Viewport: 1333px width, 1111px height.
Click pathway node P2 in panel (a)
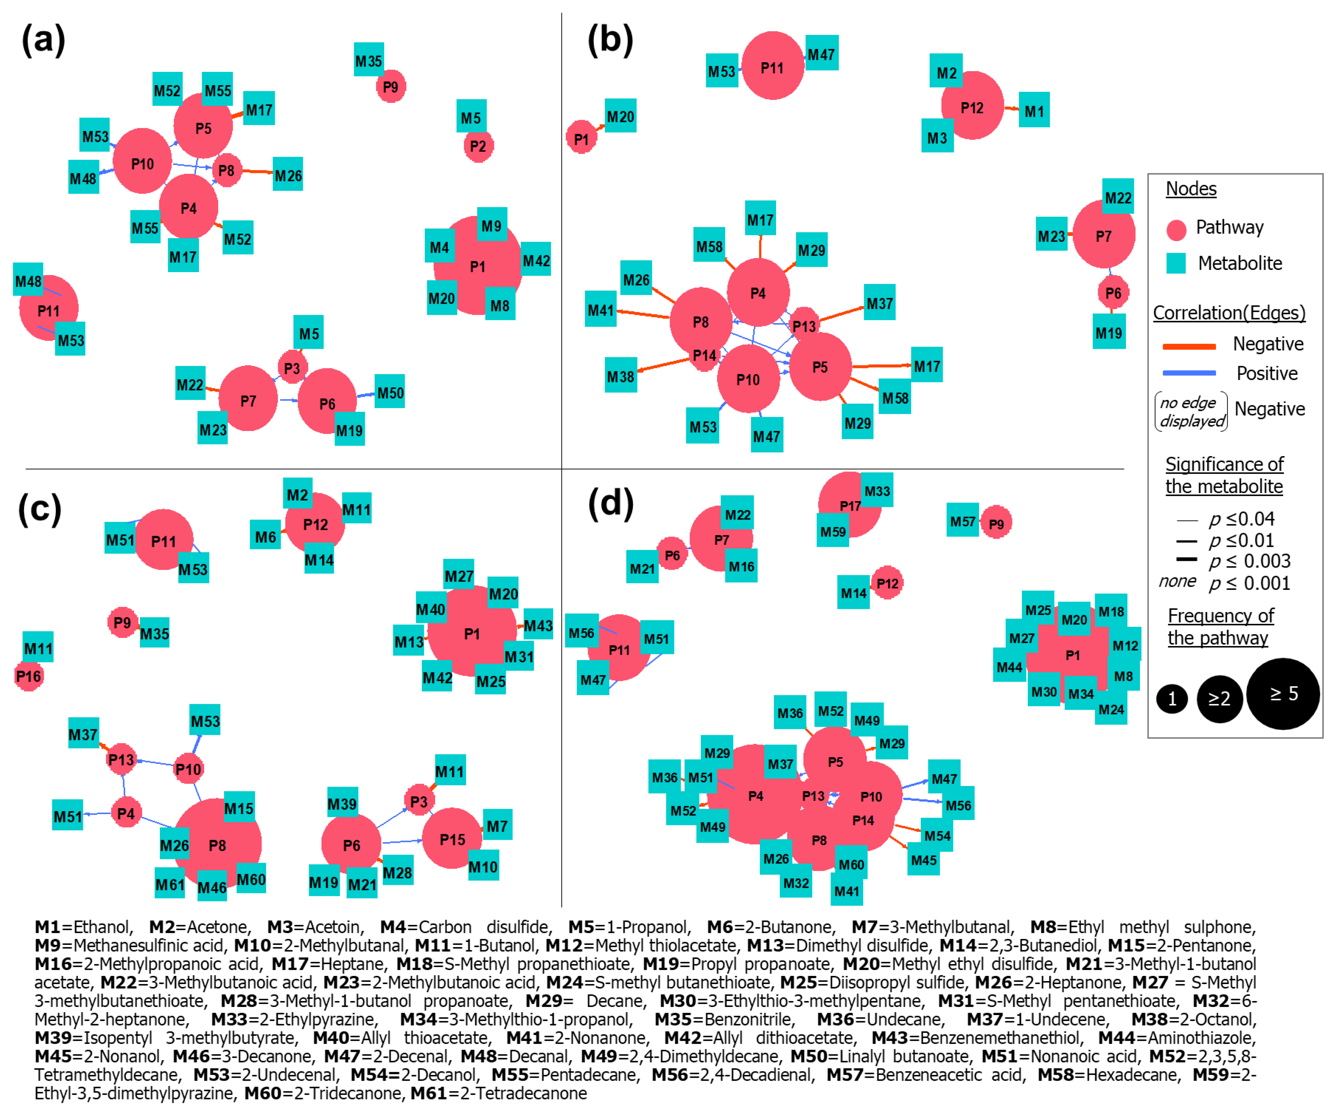point(478,146)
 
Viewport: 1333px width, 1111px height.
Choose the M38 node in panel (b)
point(620,376)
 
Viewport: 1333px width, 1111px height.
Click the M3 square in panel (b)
point(937,137)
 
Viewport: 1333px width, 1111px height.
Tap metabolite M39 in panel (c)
point(341,804)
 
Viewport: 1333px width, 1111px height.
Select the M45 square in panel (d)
point(923,860)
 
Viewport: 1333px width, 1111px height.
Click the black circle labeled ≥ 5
point(1283,694)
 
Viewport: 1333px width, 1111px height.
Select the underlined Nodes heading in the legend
point(1191,189)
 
